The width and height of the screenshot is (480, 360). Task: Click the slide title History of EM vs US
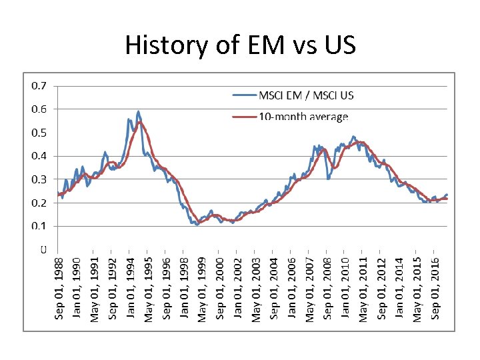point(240,46)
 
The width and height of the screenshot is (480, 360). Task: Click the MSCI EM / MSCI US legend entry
point(293,95)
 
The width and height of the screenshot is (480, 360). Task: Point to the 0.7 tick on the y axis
point(39,86)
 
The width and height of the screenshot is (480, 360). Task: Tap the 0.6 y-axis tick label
point(39,109)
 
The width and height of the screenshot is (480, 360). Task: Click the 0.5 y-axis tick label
point(39,133)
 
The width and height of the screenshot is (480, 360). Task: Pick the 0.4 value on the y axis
point(39,156)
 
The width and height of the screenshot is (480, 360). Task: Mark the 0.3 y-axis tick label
point(39,179)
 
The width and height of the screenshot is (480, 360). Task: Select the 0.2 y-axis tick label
point(39,203)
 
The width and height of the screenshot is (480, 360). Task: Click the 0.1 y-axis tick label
point(39,226)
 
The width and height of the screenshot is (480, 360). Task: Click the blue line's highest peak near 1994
point(138,111)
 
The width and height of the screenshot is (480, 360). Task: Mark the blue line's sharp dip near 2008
point(329,179)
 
